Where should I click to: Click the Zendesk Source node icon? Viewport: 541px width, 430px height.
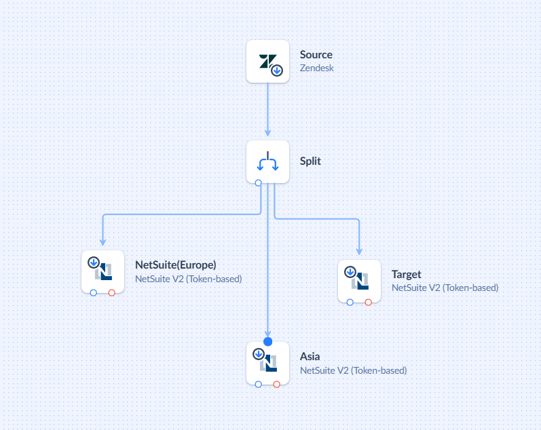pyautogui.click(x=267, y=61)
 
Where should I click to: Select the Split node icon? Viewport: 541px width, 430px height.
pyautogui.click(x=267, y=161)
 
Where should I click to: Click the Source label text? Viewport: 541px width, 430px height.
pyautogui.click(x=316, y=54)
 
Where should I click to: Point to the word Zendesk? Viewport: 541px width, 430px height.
pyautogui.click(x=317, y=68)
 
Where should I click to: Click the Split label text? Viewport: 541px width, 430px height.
pyautogui.click(x=311, y=161)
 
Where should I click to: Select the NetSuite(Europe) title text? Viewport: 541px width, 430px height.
pyautogui.click(x=176, y=265)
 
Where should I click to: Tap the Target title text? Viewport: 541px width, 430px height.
pyautogui.click(x=407, y=274)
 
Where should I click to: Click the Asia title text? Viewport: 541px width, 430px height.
pyautogui.click(x=310, y=356)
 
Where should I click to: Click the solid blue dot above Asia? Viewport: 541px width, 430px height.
pyautogui.click(x=267, y=341)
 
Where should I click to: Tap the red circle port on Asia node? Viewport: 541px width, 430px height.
pyautogui.click(x=276, y=385)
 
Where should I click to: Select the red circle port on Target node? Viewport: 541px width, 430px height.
pyautogui.click(x=368, y=302)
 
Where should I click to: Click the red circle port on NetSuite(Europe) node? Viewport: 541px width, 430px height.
pyautogui.click(x=111, y=292)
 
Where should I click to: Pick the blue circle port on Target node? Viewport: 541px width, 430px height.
pyautogui.click(x=350, y=302)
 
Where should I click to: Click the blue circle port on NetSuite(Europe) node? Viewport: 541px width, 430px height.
pyautogui.click(x=94, y=292)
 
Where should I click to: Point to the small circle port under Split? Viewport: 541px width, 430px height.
pyautogui.click(x=258, y=182)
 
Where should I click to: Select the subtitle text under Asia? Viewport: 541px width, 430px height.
pyautogui.click(x=353, y=370)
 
